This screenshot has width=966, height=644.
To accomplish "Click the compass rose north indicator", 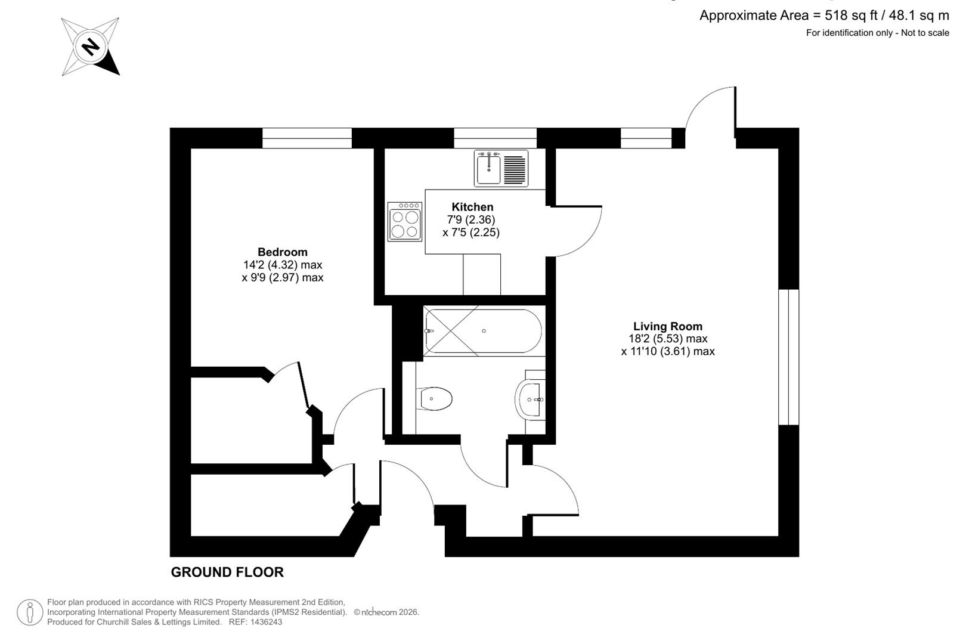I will click(91, 46).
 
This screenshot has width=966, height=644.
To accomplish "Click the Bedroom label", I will click(282, 252).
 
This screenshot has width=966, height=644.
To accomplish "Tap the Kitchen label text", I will click(472, 207).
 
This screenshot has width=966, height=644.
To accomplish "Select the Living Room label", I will click(667, 326).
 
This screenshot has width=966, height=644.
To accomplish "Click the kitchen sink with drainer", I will click(501, 168).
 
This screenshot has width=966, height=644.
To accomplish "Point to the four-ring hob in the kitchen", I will click(405, 222).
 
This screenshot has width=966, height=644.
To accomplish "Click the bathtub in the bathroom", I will click(483, 332).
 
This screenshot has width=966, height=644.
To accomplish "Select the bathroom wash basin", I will click(530, 399).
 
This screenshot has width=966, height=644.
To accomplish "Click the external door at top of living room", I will click(710, 110).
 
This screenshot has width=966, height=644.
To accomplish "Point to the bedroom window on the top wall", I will click(307, 138).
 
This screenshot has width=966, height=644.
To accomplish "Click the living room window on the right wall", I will click(788, 357).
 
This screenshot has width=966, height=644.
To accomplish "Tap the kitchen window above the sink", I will click(495, 138).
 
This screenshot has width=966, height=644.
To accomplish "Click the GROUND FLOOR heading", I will click(227, 572).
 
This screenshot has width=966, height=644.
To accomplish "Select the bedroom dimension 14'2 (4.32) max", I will click(282, 265).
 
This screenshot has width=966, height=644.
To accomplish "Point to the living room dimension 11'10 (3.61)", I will click(667, 352).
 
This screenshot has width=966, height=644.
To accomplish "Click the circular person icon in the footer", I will click(29, 612).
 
